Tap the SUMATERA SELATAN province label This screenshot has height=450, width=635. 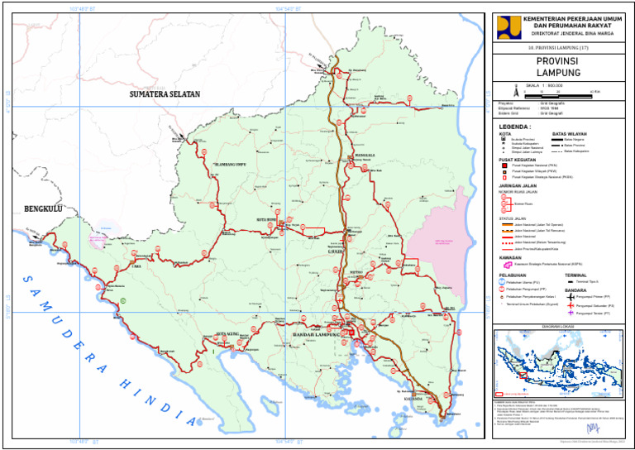pos(165,94)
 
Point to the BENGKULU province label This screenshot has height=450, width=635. pos(43,208)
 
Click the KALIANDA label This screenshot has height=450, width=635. pos(413,398)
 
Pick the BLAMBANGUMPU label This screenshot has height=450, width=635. pos(230,164)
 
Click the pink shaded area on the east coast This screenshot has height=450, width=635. pos(442,240)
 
